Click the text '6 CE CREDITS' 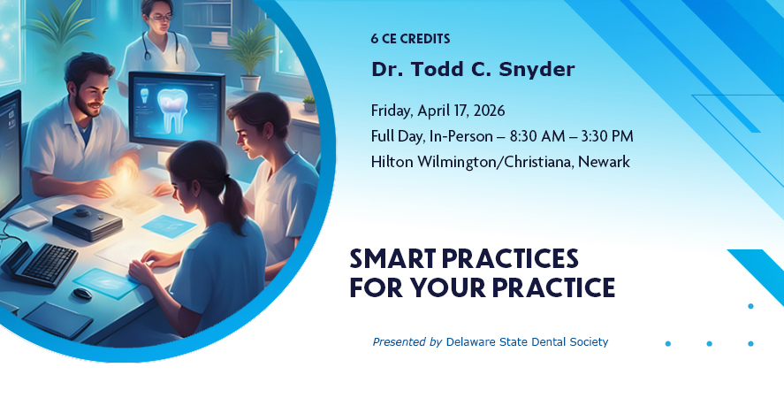tap(410, 39)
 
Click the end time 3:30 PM tap(606, 136)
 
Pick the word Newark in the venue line tap(604, 162)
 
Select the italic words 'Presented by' tap(407, 342)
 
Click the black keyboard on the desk tap(42, 264)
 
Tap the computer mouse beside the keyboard tap(83, 294)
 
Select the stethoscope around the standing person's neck tap(160, 48)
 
